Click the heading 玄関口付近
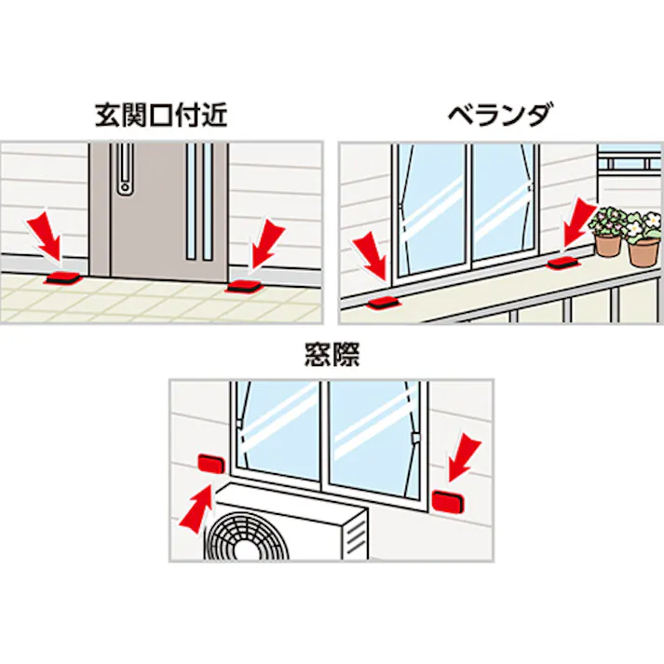click(x=161, y=115)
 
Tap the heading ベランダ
click(x=500, y=115)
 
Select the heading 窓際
click(x=332, y=354)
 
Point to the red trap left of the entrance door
click(x=61, y=278)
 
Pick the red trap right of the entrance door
click(x=243, y=286)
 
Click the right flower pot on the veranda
click(x=644, y=252)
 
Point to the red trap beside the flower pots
click(x=563, y=263)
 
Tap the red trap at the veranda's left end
click(x=384, y=303)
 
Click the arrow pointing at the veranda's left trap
click(x=370, y=257)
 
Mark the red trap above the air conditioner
click(x=211, y=463)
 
